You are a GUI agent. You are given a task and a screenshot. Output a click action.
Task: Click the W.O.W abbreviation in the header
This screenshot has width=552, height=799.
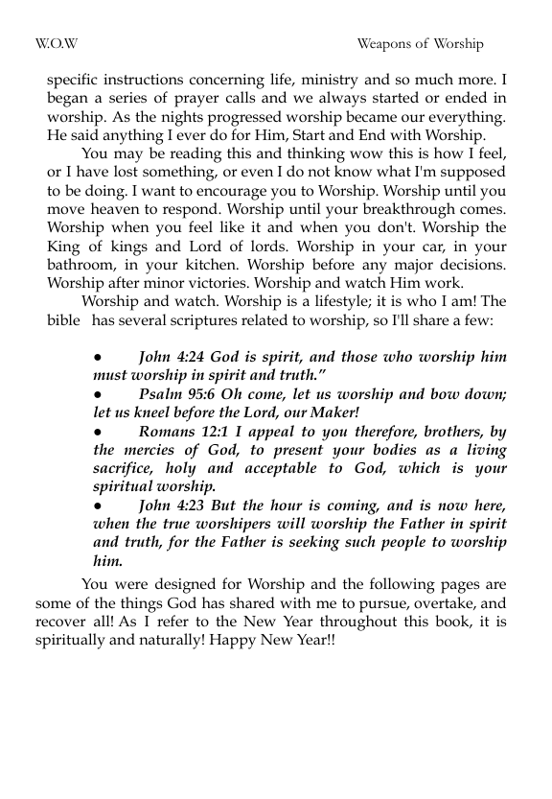click(x=57, y=44)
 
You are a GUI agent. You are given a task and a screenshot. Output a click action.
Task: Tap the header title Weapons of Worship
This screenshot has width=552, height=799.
click(x=420, y=44)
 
